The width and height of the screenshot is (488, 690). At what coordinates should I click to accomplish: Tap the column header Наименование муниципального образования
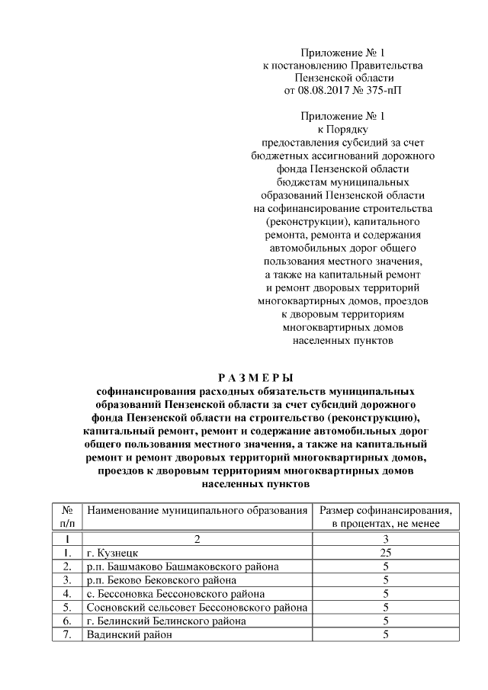(197, 510)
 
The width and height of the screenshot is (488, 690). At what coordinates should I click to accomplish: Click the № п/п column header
(67, 517)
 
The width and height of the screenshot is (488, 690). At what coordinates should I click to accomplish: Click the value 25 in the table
(387, 552)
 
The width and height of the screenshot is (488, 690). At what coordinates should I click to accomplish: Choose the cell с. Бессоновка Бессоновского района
(176, 593)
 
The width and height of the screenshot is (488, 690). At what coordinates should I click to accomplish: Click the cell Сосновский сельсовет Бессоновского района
(197, 607)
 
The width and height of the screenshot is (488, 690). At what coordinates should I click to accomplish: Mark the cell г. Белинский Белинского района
(166, 621)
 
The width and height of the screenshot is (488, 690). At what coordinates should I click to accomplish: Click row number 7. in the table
(67, 634)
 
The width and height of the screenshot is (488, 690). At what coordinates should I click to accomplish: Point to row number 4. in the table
(67, 593)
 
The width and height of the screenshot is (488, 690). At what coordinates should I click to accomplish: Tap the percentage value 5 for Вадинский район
(387, 634)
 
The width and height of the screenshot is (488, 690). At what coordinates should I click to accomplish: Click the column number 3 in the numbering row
(387, 538)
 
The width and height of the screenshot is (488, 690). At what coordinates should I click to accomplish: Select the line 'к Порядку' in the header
(342, 130)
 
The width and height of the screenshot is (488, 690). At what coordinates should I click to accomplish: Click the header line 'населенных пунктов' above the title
(342, 340)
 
